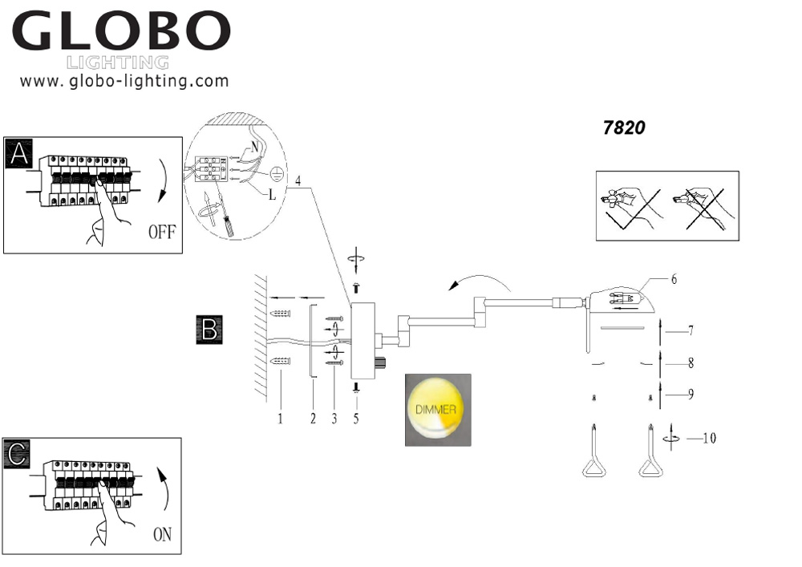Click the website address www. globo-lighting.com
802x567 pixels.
tap(124, 81)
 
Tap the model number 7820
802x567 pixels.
tap(624, 128)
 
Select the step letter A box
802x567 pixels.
tap(18, 153)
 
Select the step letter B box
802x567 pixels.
tap(209, 330)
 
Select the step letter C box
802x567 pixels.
tap(18, 453)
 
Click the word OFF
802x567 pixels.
tap(161, 233)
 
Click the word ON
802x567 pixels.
tap(162, 535)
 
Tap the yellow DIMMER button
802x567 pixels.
tap(436, 409)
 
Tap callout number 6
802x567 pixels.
tap(674, 279)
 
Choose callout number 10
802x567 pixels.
tap(708, 438)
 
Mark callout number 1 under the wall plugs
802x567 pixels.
tap(280, 417)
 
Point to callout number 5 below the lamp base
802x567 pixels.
tap(354, 417)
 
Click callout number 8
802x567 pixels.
tap(691, 362)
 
